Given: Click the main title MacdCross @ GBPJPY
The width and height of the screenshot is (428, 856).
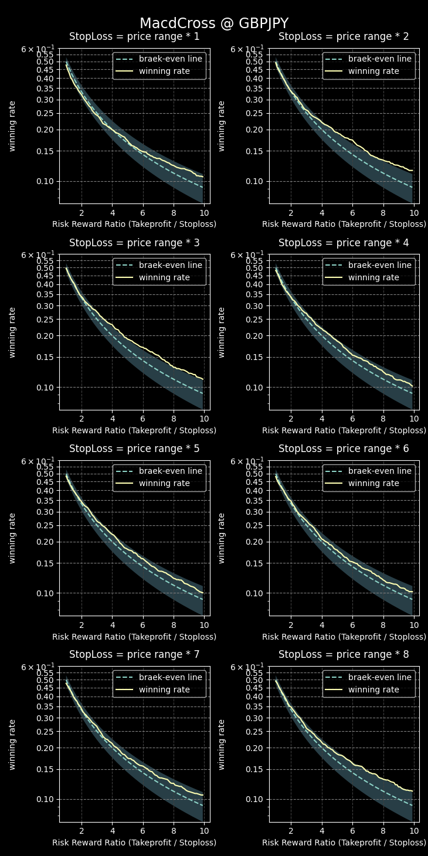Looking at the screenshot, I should [214, 23].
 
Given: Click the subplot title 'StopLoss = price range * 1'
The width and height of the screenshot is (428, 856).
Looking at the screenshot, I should [134, 37].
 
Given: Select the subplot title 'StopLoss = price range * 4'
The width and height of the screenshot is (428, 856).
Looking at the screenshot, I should [344, 243].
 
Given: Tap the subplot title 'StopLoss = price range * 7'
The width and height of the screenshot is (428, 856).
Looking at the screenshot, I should [134, 654].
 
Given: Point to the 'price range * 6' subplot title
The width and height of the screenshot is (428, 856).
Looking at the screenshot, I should [344, 449].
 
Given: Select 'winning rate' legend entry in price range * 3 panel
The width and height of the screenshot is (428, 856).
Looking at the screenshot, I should [164, 277].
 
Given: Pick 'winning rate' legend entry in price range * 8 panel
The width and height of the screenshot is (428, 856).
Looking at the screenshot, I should [373, 689].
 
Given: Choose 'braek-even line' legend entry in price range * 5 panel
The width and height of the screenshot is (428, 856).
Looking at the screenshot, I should [170, 471].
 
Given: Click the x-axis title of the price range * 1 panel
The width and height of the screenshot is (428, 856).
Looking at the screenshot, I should [134, 225].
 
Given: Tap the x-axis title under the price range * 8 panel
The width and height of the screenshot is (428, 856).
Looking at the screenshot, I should [344, 843].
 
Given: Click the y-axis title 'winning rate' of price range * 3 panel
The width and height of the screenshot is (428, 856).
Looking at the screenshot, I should [12, 332].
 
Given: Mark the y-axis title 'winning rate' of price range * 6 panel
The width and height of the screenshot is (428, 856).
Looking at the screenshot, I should [222, 538].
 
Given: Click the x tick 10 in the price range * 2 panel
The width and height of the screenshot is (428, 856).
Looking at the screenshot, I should [413, 213].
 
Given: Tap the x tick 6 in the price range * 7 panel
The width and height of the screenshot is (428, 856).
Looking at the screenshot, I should [142, 831].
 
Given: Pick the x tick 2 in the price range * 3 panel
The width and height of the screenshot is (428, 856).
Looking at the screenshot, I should [81, 419].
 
